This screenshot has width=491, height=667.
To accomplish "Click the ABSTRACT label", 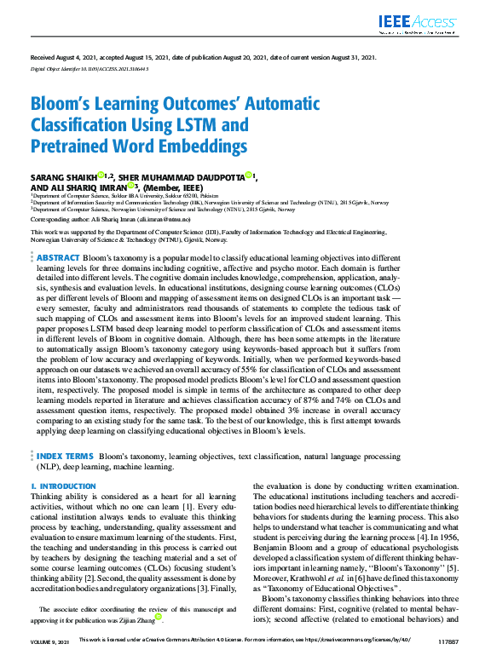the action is (59, 233).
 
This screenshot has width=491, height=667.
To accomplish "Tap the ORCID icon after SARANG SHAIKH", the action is (100, 174).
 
